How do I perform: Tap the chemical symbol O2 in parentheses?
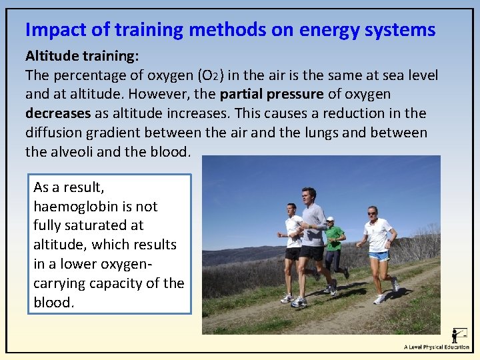(222, 76)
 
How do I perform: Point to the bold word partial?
(243, 95)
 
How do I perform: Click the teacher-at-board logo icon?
(459, 335)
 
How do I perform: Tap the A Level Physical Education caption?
(436, 347)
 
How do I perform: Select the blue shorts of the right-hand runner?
(379, 255)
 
